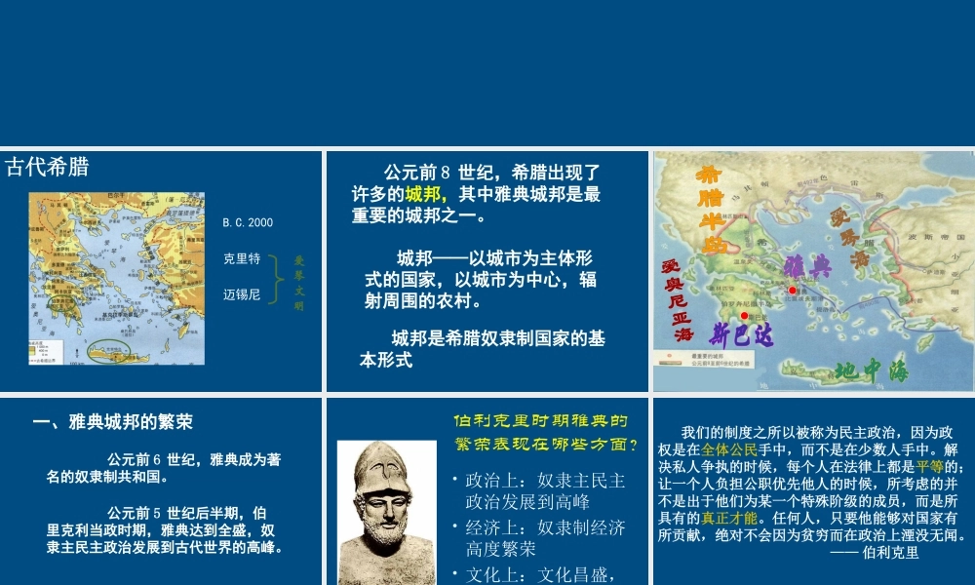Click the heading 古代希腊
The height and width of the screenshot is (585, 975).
[x=47, y=167]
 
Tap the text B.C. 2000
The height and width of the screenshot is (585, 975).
[x=248, y=223]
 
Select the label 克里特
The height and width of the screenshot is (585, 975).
[x=242, y=259]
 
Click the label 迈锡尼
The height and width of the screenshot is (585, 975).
[x=242, y=293]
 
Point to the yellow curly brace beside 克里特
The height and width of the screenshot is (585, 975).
[x=277, y=277]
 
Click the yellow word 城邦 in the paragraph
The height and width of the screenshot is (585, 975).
[x=426, y=194]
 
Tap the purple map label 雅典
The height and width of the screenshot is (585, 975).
[x=806, y=266]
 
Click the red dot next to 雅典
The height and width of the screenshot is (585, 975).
[x=793, y=291]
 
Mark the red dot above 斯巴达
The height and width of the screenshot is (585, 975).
[x=744, y=316]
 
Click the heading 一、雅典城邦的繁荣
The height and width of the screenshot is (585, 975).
[x=113, y=422]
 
